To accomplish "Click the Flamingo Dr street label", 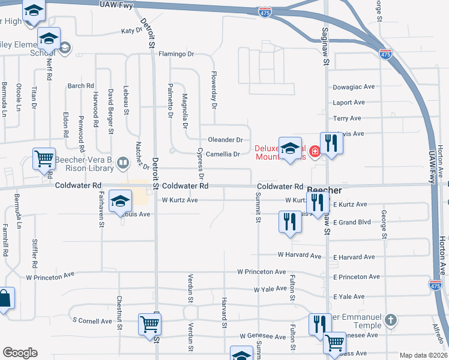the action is pos(176,54).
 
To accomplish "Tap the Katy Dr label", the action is pos(131,31).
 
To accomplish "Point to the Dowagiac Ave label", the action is pos(354,87).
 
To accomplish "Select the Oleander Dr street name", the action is pos(225,140).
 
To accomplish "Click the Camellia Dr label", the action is pos(223,154).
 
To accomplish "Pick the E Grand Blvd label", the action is pos(352,223).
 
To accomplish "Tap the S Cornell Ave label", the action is pos(92,321).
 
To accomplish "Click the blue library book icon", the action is pos(123,162).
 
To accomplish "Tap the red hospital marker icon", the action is pos(315,149).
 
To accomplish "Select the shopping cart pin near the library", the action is pos(44,160).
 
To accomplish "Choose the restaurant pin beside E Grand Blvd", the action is pos(290,221).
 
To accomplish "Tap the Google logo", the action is pos(20,353).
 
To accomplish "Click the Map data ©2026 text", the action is pos(423,355).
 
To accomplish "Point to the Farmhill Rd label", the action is pos(5,240).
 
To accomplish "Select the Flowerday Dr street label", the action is pos(213,86).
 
